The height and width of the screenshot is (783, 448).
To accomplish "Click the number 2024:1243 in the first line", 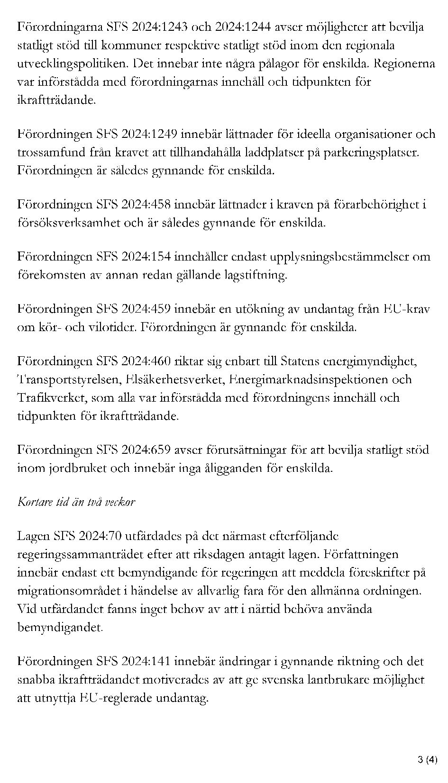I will pos(159,27).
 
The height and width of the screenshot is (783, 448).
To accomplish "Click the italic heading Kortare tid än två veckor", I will pos(76,502).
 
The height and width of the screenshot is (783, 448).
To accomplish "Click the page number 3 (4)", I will pos(428,760).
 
